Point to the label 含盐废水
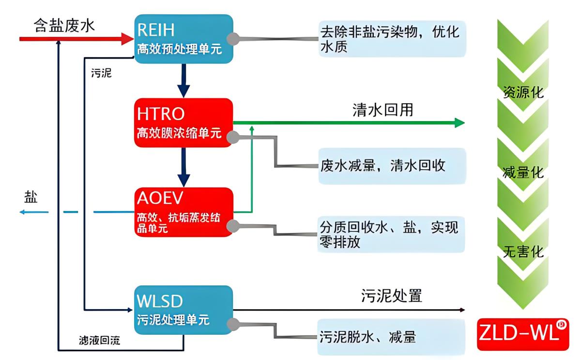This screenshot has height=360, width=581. click(64, 26)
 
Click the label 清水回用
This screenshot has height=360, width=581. click(382, 110)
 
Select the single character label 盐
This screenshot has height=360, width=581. click(31, 197)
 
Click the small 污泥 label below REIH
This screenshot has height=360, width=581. click(101, 74)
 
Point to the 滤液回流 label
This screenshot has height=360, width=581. click(99, 340)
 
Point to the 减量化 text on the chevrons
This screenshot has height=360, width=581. click(523, 172)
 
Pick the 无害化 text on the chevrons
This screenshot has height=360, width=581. click(523, 251)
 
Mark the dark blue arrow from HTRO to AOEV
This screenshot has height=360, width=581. click(183, 167)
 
